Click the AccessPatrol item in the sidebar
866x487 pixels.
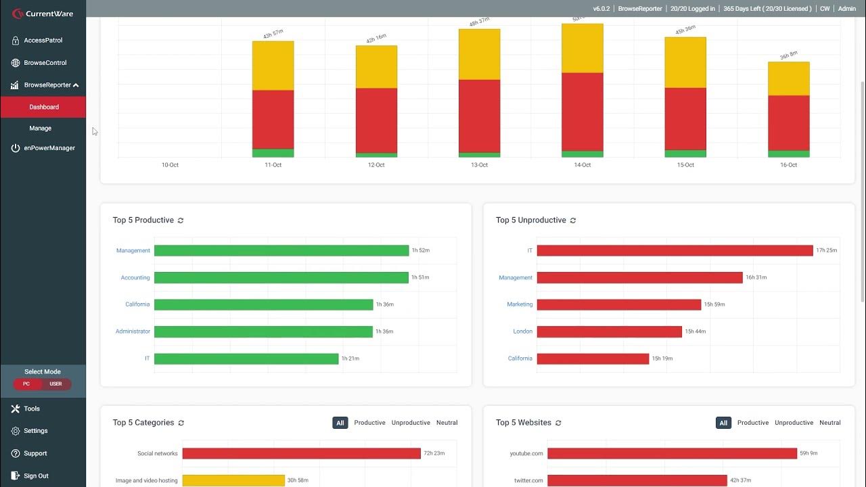tap(43, 41)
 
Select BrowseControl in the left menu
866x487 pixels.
tap(45, 63)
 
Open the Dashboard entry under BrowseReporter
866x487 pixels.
tap(44, 107)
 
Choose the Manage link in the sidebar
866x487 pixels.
tap(41, 129)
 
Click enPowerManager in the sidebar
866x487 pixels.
tap(49, 148)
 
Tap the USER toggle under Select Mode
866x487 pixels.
tap(56, 384)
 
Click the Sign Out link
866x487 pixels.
tap(36, 476)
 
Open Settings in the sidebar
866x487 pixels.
tap(35, 431)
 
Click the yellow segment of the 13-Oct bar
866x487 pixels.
tap(479, 54)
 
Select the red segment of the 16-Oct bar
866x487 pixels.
tap(788, 122)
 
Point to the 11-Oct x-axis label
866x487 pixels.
tap(273, 165)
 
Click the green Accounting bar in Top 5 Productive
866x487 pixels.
tap(281, 277)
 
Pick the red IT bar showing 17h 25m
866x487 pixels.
tap(675, 251)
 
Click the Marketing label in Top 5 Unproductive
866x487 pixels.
tap(520, 304)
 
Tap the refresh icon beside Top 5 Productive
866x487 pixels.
tap(181, 221)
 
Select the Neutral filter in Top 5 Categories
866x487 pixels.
tap(447, 423)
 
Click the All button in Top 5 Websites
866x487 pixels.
tap(723, 423)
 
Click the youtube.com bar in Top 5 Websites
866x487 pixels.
tap(672, 453)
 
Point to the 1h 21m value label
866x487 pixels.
tap(350, 358)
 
